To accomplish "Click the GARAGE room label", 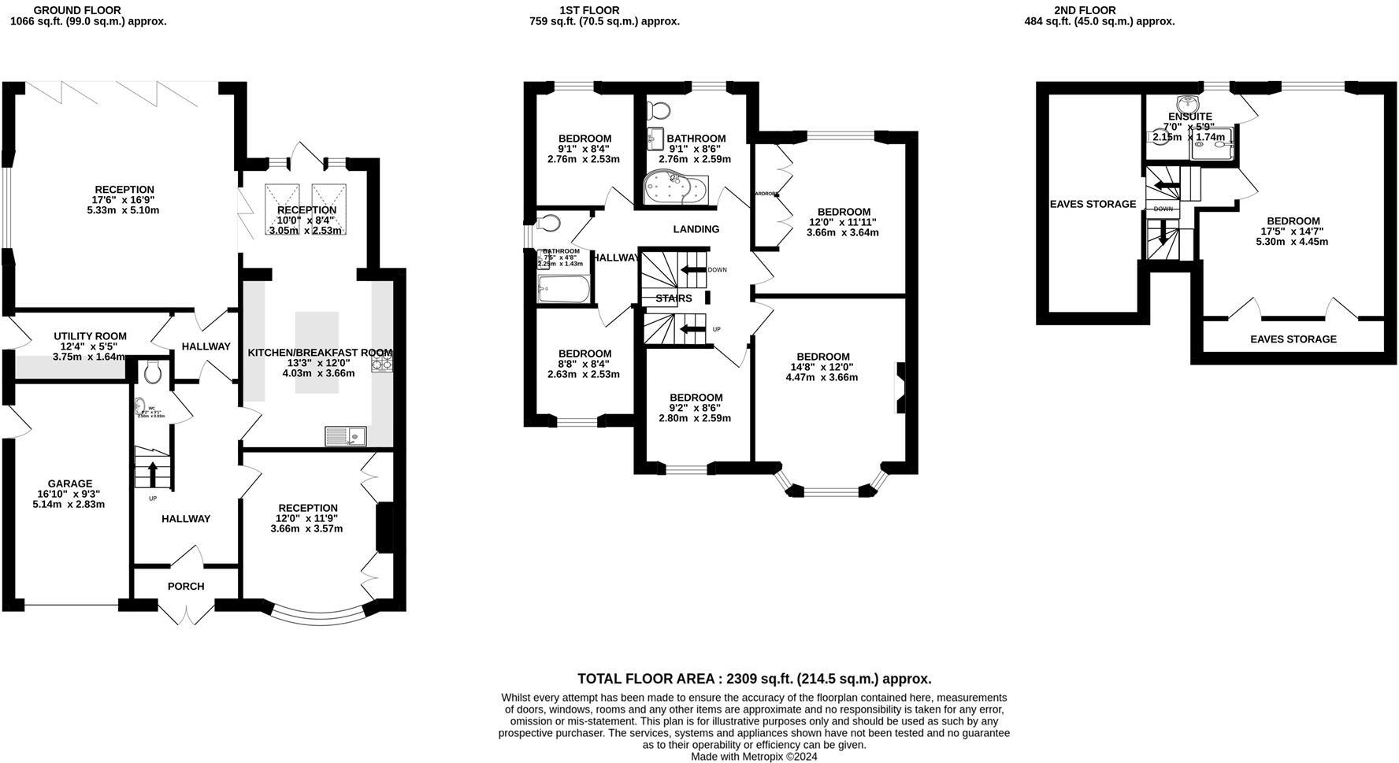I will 70,483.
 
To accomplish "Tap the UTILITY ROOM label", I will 90,336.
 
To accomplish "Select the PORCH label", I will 186,586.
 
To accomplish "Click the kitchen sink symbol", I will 345,435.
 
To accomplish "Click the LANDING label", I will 696,229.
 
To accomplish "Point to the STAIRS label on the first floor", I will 674,298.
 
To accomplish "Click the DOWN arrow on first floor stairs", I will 693,270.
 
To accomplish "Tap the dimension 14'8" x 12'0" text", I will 822,367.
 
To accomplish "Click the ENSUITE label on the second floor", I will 1189,117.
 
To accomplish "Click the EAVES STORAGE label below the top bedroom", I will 1293,339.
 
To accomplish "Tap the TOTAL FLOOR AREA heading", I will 754,679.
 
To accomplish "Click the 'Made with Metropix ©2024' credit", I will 754,757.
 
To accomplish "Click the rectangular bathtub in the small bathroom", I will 563,289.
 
